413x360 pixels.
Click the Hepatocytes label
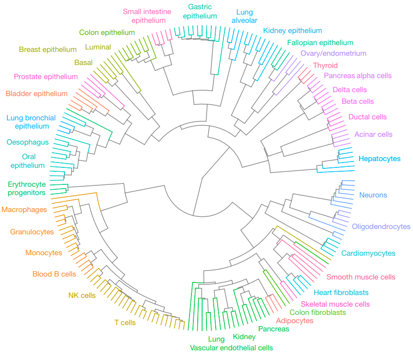(x=380, y=159)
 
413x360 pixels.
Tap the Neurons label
(x=373, y=195)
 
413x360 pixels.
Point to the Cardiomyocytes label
(x=368, y=253)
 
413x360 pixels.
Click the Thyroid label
(x=325, y=65)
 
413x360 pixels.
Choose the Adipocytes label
(x=294, y=321)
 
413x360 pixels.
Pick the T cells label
(x=125, y=322)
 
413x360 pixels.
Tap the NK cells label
(x=82, y=295)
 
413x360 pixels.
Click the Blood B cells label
(x=54, y=274)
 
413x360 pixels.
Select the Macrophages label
(x=24, y=210)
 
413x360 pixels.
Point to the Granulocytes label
(x=32, y=232)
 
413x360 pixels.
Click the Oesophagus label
(x=28, y=142)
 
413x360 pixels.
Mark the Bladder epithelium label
(x=36, y=94)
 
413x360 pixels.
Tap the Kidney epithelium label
(x=292, y=31)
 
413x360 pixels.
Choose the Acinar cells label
(x=373, y=134)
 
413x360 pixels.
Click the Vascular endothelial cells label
(x=231, y=348)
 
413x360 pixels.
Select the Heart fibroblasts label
(x=341, y=293)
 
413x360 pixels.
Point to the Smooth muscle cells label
(x=361, y=277)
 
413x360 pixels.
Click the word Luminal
(x=98, y=47)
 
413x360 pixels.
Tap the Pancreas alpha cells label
(x=357, y=76)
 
